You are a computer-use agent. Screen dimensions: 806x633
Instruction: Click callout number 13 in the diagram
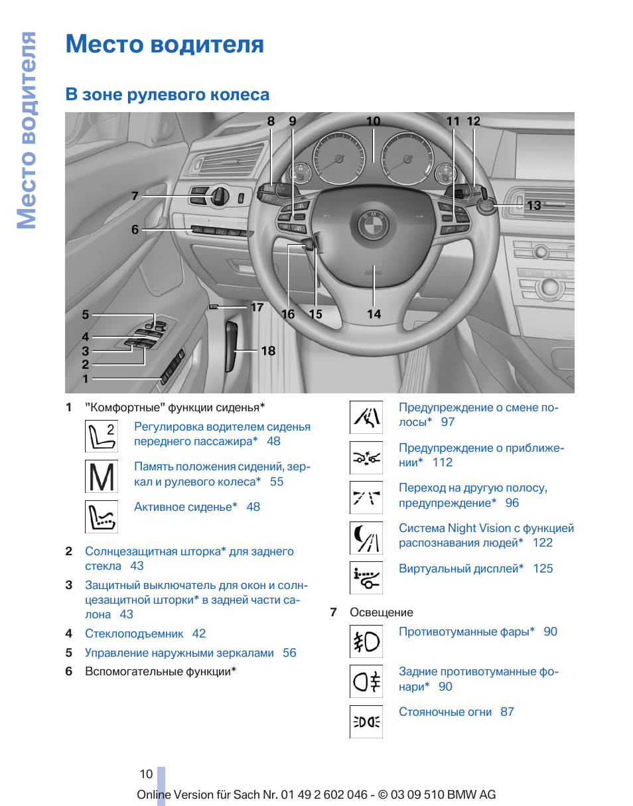click(534, 206)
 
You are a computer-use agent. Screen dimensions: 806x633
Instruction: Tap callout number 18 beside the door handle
click(268, 351)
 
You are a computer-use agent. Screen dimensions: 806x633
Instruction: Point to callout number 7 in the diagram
click(135, 196)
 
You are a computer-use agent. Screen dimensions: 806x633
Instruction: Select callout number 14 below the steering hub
click(374, 314)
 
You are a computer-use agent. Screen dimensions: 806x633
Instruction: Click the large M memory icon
click(102, 476)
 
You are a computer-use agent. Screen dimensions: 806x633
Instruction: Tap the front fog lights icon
click(366, 641)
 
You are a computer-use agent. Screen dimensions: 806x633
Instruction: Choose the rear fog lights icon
click(366, 681)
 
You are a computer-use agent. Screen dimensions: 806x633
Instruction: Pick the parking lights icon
click(366, 722)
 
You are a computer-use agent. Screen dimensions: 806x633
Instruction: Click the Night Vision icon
click(366, 538)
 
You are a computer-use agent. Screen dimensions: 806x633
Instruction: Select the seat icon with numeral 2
click(102, 436)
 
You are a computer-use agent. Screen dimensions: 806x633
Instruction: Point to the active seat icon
click(102, 517)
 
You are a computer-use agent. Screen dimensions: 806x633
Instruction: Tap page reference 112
click(443, 462)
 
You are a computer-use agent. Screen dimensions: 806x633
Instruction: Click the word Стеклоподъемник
click(134, 634)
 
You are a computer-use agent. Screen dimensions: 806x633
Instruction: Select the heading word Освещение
click(382, 612)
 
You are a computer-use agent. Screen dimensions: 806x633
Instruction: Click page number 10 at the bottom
click(146, 774)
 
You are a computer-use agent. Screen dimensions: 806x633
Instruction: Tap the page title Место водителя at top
click(165, 44)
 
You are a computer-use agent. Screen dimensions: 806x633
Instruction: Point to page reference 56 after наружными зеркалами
click(289, 653)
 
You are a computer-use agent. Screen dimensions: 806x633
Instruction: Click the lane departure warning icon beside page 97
click(366, 417)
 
